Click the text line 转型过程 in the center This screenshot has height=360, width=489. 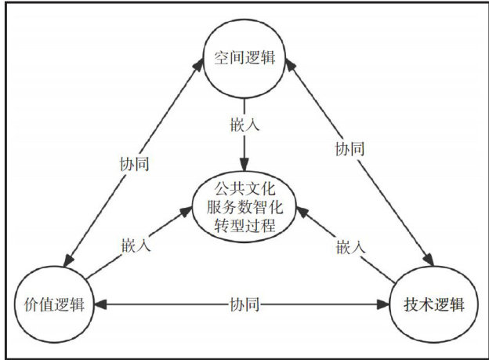(x=244, y=226)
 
